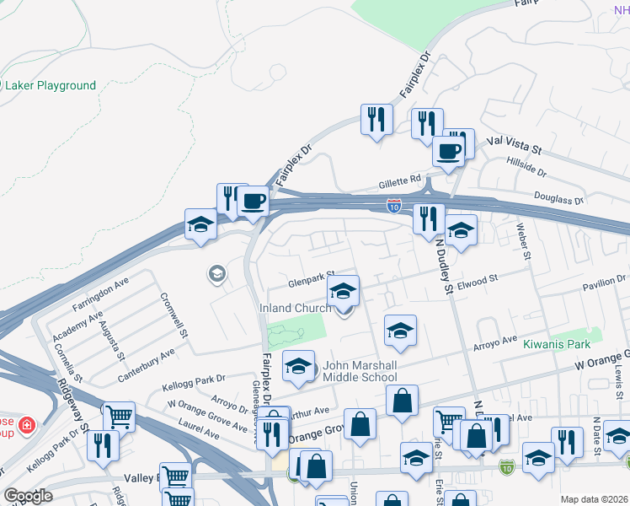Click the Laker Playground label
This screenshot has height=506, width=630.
[51, 85]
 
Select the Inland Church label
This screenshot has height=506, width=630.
[295, 309]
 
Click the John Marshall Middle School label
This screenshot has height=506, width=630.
[360, 372]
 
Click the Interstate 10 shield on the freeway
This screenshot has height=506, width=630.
[393, 204]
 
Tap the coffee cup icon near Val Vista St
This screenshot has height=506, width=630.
[448, 152]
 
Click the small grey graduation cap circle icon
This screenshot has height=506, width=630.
[216, 273]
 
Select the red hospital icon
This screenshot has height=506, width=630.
[27, 423]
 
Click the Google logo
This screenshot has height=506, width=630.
[28, 495]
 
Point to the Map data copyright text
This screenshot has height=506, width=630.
[593, 499]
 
